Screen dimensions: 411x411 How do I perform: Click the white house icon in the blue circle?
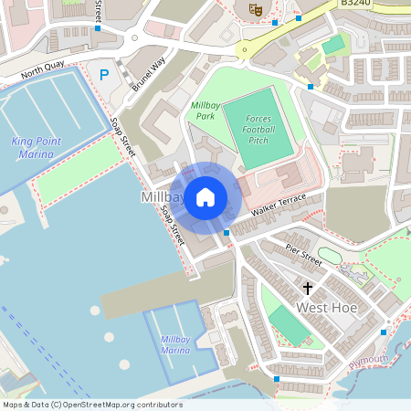point(205,196)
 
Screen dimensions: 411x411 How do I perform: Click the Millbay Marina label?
point(175,344)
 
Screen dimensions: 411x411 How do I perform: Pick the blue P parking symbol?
point(104,74)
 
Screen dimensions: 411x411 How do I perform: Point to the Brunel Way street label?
point(147,70)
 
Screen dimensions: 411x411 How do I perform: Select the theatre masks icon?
point(256,8)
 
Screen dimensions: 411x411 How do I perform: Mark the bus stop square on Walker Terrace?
point(227,233)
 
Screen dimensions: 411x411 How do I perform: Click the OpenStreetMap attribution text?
point(92,405)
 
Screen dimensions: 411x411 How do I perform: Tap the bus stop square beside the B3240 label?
point(299,17)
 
